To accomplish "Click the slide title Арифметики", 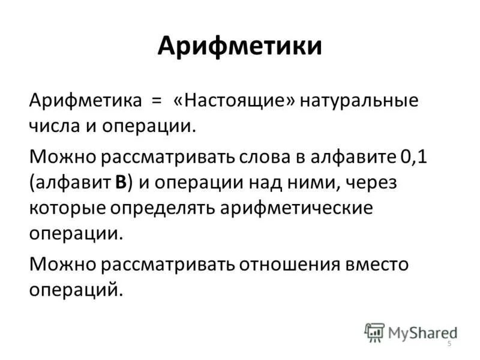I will pyautogui.click(x=240, y=47).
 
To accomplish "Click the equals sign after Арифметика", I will pyautogui.click(x=156, y=100).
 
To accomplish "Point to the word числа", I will pyautogui.click(x=55, y=127).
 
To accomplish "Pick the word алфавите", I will pyautogui.click(x=353, y=158).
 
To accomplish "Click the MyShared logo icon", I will pyautogui.click(x=374, y=331).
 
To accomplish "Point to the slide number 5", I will pyautogui.click(x=448, y=342).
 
